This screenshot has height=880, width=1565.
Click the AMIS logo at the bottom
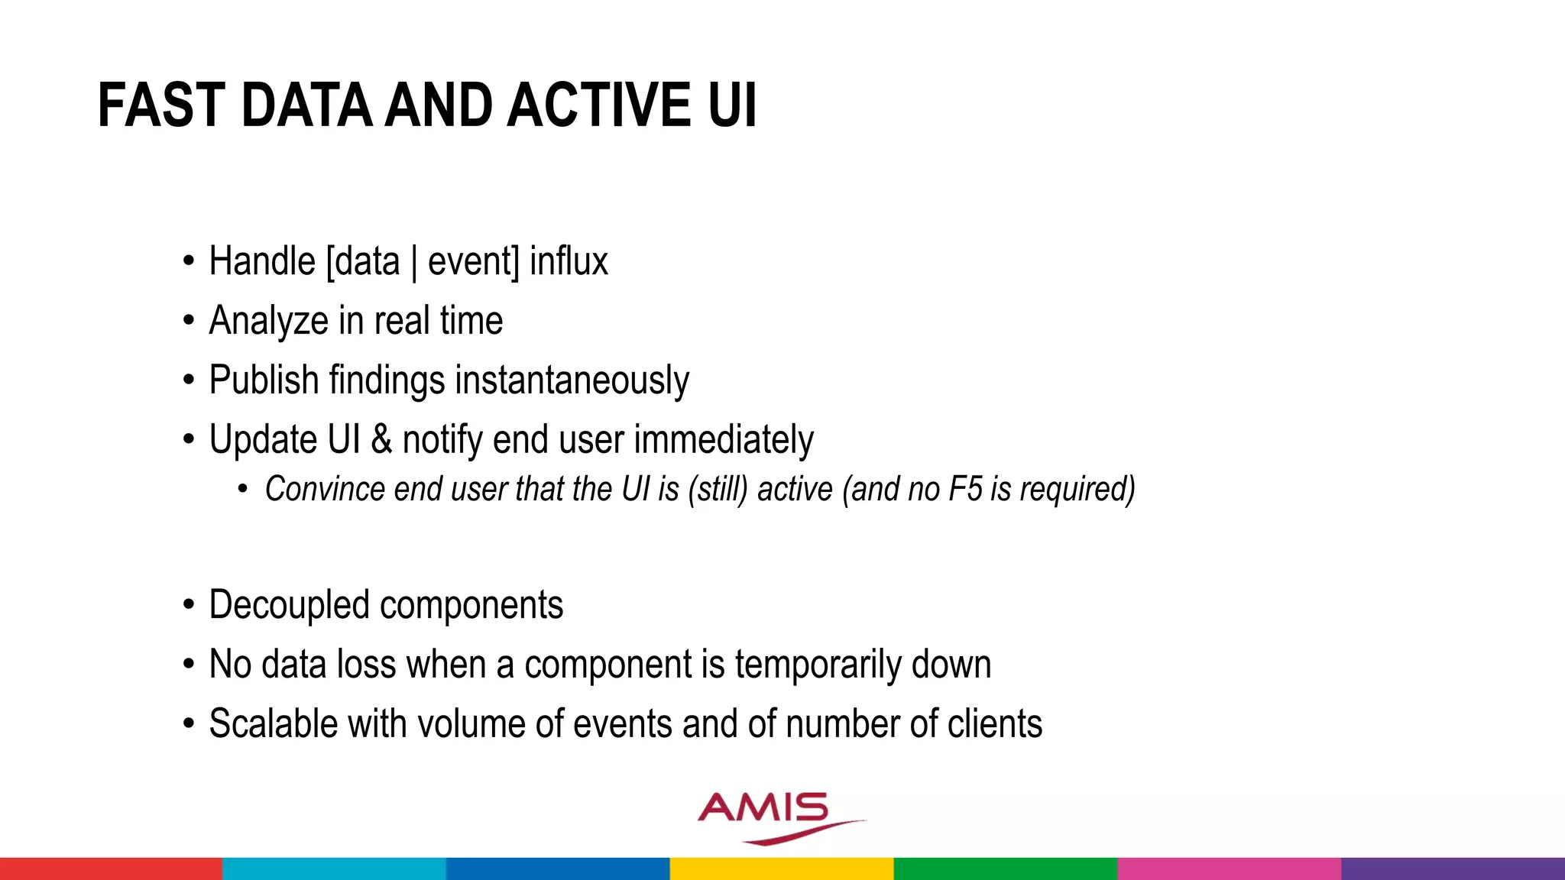pyautogui.click(x=772, y=816)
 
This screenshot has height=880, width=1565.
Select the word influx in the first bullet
pyautogui.click(x=569, y=261)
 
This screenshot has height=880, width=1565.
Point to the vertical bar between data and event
pyautogui.click(x=413, y=263)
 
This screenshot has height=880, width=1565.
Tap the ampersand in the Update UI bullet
pyautogui.click(x=381, y=440)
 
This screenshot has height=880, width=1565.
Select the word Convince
pyautogui.click(x=324, y=489)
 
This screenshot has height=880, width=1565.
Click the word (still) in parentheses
pyautogui.click(x=717, y=489)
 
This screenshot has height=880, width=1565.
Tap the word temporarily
pyautogui.click(x=818, y=665)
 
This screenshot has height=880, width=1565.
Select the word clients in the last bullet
pyautogui.click(x=995, y=723)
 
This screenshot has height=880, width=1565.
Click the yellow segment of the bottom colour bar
pyautogui.click(x=781, y=869)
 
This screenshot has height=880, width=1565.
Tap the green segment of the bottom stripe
pyautogui.click(x=1005, y=869)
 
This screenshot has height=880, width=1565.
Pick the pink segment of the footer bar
pyautogui.click(x=1229, y=869)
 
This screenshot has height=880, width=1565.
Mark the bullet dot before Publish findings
pyautogui.click(x=189, y=380)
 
